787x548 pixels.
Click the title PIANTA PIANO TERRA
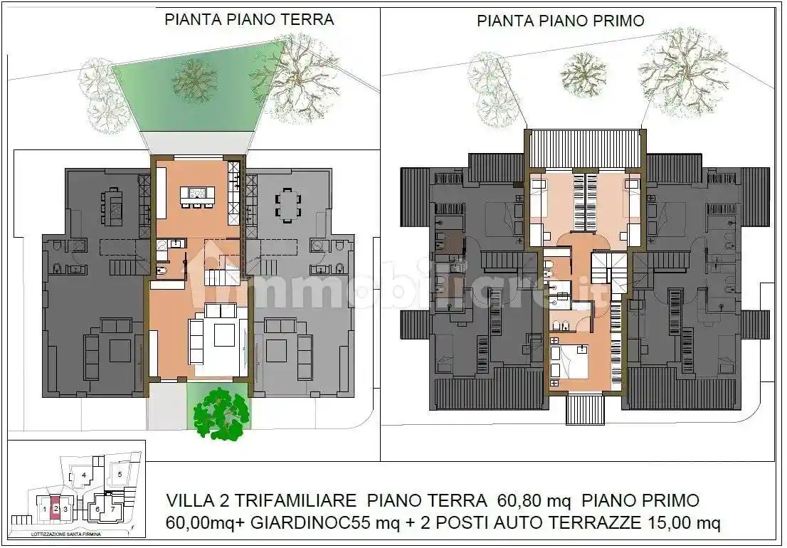249,19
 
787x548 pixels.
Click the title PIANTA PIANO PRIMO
560,21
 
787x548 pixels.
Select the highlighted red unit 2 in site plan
56,508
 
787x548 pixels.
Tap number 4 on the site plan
84,475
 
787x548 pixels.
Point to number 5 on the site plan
120,473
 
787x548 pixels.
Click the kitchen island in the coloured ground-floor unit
197,194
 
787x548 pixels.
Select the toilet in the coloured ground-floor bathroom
161,270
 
